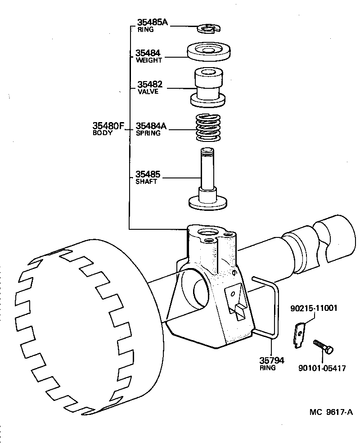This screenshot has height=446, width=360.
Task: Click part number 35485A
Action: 152,23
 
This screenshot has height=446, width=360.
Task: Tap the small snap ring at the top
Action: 207,29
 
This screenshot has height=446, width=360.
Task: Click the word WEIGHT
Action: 148,60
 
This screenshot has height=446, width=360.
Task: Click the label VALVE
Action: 148,91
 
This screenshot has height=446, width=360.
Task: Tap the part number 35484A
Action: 151,126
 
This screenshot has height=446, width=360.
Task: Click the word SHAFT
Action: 146,182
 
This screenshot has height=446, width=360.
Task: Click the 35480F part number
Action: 108,126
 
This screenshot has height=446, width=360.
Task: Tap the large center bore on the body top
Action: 208,233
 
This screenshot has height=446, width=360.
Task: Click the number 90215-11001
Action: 313,309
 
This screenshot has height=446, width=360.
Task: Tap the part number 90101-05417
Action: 322,368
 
